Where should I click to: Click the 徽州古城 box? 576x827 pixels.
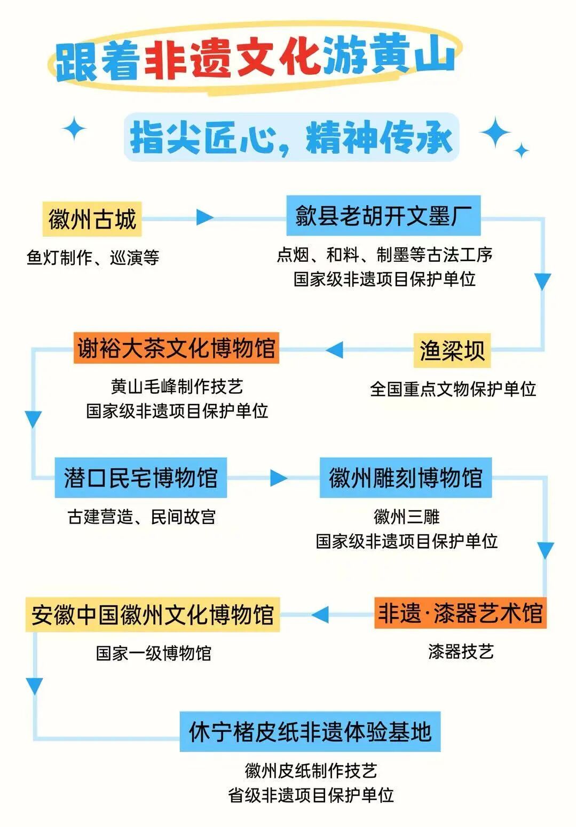92,219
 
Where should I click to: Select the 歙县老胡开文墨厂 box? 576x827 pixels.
383,216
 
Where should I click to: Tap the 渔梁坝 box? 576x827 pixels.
452,350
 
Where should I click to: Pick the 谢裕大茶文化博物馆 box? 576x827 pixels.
176,348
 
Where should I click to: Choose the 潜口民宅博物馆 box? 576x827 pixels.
140,478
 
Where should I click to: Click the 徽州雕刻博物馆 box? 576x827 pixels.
405,478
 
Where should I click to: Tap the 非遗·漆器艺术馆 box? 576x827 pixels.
460,613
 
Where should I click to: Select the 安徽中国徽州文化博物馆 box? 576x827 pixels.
152,615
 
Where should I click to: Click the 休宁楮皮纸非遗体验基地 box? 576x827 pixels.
310,731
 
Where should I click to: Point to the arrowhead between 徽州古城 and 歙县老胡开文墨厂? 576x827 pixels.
204,217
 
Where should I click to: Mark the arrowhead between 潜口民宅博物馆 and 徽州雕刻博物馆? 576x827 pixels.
278,478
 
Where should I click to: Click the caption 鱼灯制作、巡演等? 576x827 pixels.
93,258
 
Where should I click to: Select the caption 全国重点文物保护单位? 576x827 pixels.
453,389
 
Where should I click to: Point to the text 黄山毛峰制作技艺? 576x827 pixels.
177,386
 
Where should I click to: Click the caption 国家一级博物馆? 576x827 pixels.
154,653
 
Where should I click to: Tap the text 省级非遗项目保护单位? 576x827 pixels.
311,795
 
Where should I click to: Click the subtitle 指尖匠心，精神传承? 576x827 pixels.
291,138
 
